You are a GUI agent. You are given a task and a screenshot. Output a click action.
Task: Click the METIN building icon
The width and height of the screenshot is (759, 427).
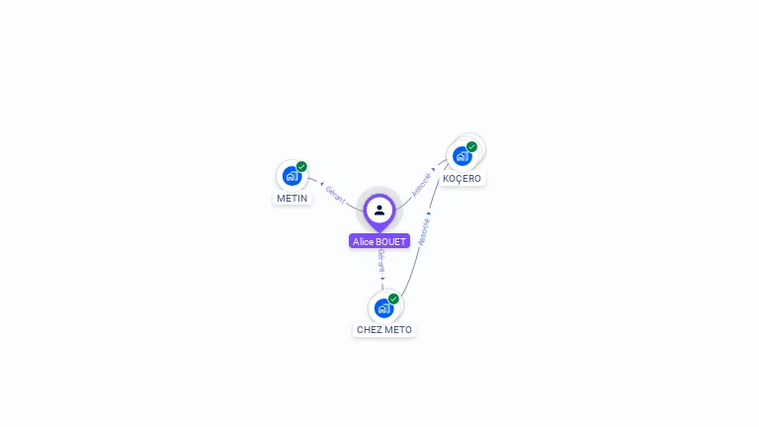pyautogui.click(x=291, y=176)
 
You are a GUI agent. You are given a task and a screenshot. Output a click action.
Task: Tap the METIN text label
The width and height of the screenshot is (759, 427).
pyautogui.click(x=292, y=198)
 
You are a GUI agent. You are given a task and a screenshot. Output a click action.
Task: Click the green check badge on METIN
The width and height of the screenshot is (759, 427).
pyautogui.click(x=301, y=166)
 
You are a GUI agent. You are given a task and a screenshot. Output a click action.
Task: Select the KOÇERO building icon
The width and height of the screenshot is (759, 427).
pyautogui.click(x=462, y=156)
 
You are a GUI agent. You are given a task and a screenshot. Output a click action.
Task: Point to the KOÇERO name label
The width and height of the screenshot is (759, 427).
pyautogui.click(x=463, y=179)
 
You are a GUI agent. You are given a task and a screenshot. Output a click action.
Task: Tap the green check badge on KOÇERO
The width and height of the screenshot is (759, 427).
pyautogui.click(x=471, y=147)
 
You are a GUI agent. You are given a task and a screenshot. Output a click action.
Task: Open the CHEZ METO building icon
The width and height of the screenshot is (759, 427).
pyautogui.click(x=383, y=307)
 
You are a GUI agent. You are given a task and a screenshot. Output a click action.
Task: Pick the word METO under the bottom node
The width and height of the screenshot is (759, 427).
pyautogui.click(x=399, y=329)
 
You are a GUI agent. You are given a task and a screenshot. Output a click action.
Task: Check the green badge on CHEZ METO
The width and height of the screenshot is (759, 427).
pyautogui.click(x=393, y=299)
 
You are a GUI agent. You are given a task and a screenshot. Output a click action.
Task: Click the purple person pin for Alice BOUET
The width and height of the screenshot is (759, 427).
pyautogui.click(x=379, y=211)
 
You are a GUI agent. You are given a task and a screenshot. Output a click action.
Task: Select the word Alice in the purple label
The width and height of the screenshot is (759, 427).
pyautogui.click(x=363, y=241)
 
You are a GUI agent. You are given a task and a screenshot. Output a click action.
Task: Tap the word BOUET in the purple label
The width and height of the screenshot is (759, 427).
pyautogui.click(x=390, y=241)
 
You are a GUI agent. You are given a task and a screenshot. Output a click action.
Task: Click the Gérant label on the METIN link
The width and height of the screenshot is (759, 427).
pyautogui.click(x=335, y=195)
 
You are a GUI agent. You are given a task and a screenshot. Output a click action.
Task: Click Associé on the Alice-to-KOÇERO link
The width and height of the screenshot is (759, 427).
pyautogui.click(x=421, y=184)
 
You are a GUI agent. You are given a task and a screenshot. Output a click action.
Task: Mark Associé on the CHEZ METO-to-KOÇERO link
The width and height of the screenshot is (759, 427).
pyautogui.click(x=423, y=232)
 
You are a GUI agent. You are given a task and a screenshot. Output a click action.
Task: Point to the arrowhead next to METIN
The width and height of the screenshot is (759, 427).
pyautogui.click(x=320, y=184)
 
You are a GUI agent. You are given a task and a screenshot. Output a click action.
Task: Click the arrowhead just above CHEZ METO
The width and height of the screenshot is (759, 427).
pyautogui.click(x=382, y=278)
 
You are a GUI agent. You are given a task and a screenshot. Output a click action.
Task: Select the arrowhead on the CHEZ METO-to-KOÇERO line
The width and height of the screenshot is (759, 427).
pyautogui.click(x=428, y=213)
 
